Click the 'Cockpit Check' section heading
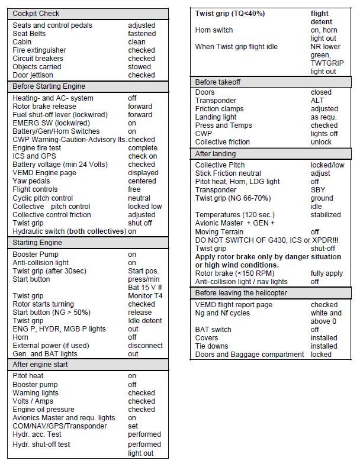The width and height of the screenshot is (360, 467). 36,13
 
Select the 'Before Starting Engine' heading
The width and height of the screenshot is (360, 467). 49,86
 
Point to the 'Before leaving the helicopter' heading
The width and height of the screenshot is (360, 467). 241,293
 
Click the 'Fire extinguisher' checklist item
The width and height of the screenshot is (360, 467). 40,50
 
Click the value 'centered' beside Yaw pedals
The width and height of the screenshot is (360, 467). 142,181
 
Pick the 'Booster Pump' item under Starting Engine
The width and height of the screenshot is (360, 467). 36,255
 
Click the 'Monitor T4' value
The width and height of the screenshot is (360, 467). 145,296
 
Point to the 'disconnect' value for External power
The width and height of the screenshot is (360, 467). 145,346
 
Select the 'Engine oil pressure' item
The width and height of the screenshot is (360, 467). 43,410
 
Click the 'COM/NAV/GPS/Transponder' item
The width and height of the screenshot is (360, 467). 60,426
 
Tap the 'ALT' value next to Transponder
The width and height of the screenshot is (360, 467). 317,101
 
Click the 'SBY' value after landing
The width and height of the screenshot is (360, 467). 318,190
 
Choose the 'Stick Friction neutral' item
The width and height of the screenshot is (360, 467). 228,173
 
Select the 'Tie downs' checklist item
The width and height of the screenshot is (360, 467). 212,346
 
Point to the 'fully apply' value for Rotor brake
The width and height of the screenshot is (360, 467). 327,273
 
